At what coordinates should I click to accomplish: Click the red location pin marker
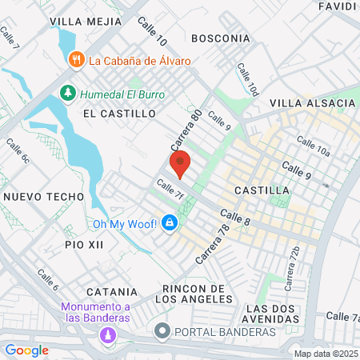(181, 163)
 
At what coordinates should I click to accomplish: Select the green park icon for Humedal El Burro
(68, 94)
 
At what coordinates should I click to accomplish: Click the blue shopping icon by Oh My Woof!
(169, 222)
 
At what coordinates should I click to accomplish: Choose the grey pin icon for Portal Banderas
(162, 330)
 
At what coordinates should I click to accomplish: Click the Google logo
(27, 350)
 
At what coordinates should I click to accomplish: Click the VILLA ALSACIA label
(306, 104)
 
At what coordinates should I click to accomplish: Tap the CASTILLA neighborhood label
(262, 190)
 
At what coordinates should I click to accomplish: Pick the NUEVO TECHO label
(43, 196)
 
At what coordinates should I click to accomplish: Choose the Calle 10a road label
(313, 146)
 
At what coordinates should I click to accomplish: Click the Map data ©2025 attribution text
(326, 353)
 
